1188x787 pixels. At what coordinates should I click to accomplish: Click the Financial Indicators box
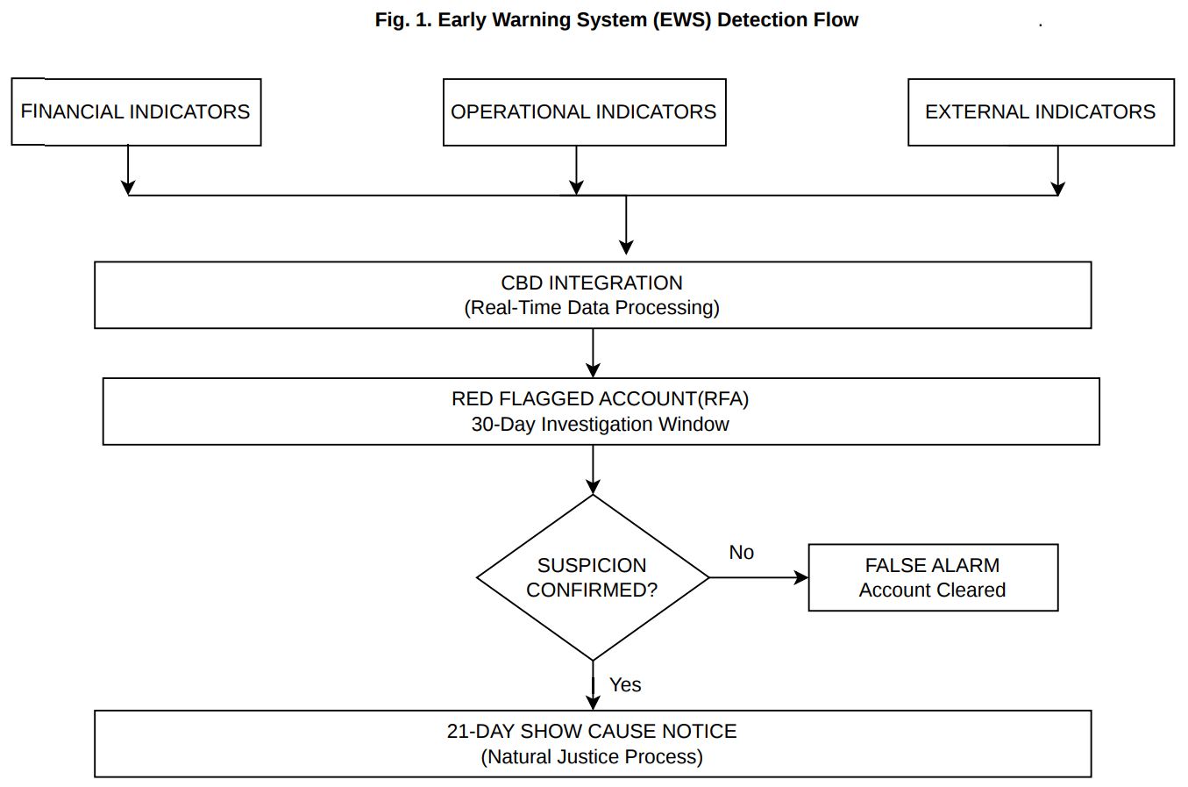coord(136,112)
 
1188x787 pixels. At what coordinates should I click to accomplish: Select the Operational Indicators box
coord(584,112)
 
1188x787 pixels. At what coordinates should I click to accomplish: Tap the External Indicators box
coord(1041,112)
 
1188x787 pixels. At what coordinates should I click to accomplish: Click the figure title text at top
coord(616,19)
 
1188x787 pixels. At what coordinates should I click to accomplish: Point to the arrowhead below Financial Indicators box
coord(128,187)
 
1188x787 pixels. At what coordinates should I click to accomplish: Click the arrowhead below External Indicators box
coord(1058,187)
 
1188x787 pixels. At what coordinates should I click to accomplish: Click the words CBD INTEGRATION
coord(592,283)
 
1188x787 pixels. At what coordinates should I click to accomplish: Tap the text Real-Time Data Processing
coord(592,308)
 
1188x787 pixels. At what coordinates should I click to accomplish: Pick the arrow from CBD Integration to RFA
coord(594,354)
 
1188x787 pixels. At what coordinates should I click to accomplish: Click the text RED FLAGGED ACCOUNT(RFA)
coord(601,399)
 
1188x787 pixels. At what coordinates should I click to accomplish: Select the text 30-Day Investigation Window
coord(601,425)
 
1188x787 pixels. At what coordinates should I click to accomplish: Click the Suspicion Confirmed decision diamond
coord(593,577)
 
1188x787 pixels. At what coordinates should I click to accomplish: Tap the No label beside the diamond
coord(741,553)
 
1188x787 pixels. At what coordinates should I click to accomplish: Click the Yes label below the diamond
coord(625,685)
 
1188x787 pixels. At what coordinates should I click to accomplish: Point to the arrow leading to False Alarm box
coord(758,577)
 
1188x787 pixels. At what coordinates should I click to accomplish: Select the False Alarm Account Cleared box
coord(933,577)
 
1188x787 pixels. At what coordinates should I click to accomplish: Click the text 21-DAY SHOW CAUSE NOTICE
coord(592,732)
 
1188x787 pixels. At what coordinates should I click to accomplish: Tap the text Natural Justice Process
coord(592,757)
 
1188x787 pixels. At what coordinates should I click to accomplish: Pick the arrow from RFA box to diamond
coord(594,470)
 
